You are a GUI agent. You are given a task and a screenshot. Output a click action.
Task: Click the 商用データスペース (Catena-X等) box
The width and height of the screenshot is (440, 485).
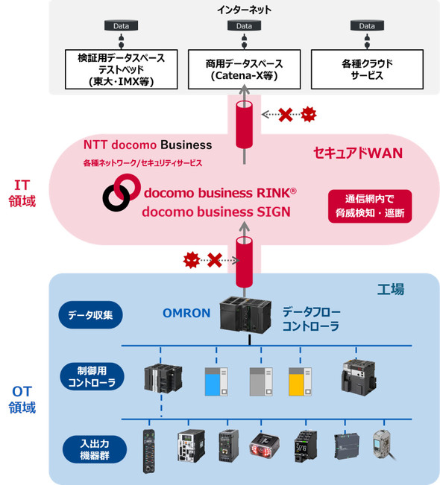pyautogui.click(x=245, y=69)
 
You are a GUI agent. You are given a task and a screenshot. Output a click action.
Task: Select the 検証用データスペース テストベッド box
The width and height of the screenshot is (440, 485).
pyautogui.click(x=122, y=69)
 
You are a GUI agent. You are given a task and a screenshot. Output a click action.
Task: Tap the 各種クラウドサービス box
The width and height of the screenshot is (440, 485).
pyautogui.click(x=367, y=69)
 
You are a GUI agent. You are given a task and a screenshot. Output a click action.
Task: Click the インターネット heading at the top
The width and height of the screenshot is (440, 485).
pyautogui.click(x=245, y=10)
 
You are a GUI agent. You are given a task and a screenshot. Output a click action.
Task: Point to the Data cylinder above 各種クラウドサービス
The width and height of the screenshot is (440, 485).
pyautogui.click(x=367, y=25)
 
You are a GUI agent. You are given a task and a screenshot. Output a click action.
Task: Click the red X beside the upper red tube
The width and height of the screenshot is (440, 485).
pyautogui.click(x=286, y=115)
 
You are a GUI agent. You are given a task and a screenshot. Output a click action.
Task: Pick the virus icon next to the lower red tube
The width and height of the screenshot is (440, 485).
pyautogui.click(x=192, y=260)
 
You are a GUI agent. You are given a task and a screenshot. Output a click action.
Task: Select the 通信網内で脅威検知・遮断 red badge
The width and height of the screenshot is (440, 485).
pyautogui.click(x=370, y=206)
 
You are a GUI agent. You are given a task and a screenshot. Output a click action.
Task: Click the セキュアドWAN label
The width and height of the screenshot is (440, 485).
pyautogui.click(x=358, y=153)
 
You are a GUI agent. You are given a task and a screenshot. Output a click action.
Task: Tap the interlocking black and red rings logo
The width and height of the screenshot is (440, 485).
pyautogui.click(x=121, y=192)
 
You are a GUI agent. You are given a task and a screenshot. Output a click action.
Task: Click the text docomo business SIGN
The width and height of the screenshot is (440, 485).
pyautogui.click(x=216, y=212)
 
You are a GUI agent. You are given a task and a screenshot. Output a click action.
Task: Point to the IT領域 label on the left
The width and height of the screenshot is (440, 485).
pyautogui.click(x=22, y=193)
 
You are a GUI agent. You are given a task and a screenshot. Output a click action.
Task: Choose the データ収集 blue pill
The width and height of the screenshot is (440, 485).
pyautogui.click(x=90, y=315)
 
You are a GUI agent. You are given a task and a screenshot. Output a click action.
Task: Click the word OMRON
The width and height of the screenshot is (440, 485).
pyautogui.click(x=186, y=313)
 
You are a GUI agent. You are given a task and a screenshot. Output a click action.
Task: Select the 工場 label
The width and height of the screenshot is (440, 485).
pyautogui.click(x=391, y=290)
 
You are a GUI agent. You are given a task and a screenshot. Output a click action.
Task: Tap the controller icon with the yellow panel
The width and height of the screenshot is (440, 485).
pyautogui.click(x=300, y=381)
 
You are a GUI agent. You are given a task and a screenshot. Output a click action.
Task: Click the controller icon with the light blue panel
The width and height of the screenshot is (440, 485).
pyautogui.click(x=216, y=381)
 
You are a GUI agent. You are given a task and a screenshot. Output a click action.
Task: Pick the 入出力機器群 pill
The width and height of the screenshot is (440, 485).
pyautogui.click(x=95, y=449)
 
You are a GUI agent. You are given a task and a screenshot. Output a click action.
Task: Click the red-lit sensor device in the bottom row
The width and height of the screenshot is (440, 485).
pyautogui.click(x=264, y=446)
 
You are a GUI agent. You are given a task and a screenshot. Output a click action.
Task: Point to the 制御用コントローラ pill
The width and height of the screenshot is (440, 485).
pyautogui.click(x=92, y=376)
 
